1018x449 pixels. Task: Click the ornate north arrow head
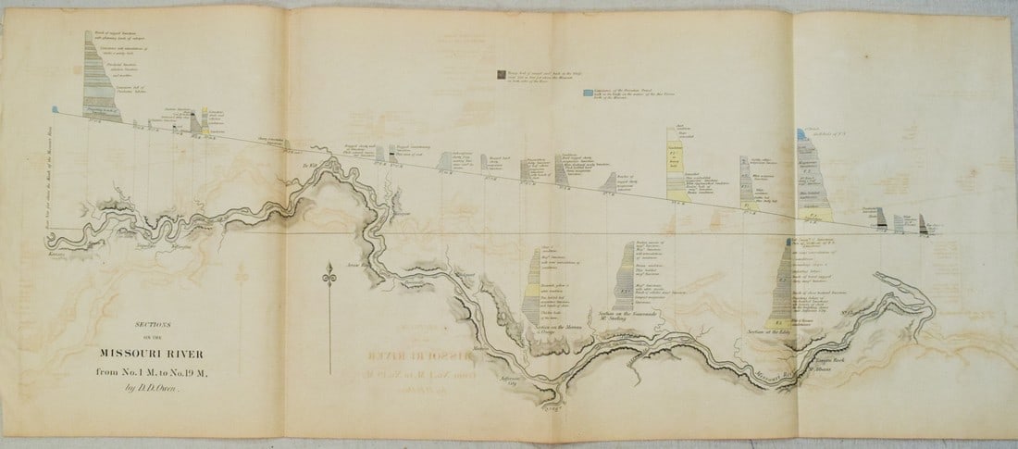pyautogui.click(x=328, y=272)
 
